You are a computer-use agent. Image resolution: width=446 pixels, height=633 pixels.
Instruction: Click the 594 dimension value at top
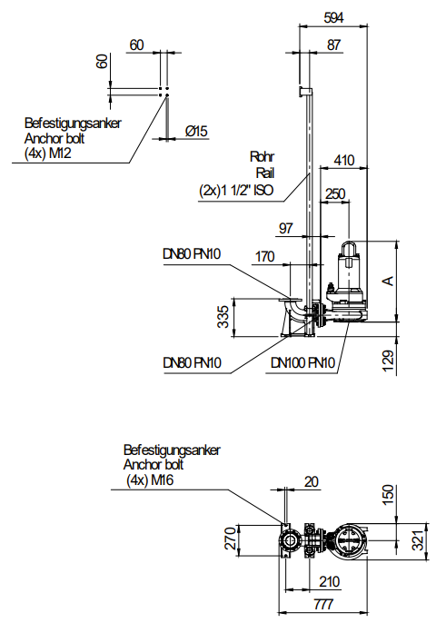(x=333, y=17)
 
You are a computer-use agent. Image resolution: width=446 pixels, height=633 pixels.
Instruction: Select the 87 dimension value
(x=333, y=45)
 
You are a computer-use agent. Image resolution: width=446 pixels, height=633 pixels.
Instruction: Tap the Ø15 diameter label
(x=196, y=131)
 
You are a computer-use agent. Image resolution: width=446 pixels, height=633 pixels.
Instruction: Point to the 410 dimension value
(x=344, y=160)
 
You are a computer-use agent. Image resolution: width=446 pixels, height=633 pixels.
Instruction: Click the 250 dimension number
(x=335, y=193)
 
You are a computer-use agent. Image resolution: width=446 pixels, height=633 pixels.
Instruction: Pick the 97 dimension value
(x=286, y=228)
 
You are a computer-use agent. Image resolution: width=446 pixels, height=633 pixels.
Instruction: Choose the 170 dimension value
(x=264, y=256)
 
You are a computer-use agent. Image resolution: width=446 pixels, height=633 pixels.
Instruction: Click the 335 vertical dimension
(x=223, y=317)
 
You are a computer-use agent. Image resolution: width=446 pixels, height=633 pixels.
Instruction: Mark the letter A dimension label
(x=388, y=281)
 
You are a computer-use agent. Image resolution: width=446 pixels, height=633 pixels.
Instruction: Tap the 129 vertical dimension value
(x=388, y=361)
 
